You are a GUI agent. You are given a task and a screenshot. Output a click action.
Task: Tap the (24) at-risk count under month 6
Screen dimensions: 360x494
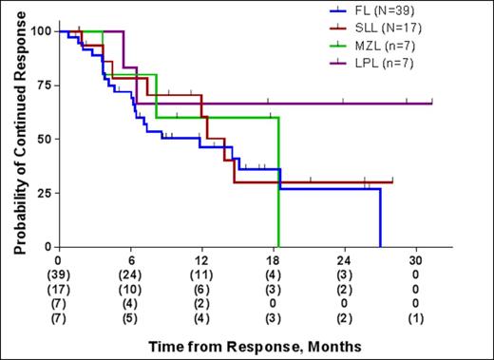click(x=130, y=275)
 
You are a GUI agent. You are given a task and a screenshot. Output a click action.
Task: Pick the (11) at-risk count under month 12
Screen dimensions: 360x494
click(x=201, y=275)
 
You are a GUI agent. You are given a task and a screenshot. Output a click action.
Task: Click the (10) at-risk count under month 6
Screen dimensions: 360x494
click(x=130, y=289)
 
